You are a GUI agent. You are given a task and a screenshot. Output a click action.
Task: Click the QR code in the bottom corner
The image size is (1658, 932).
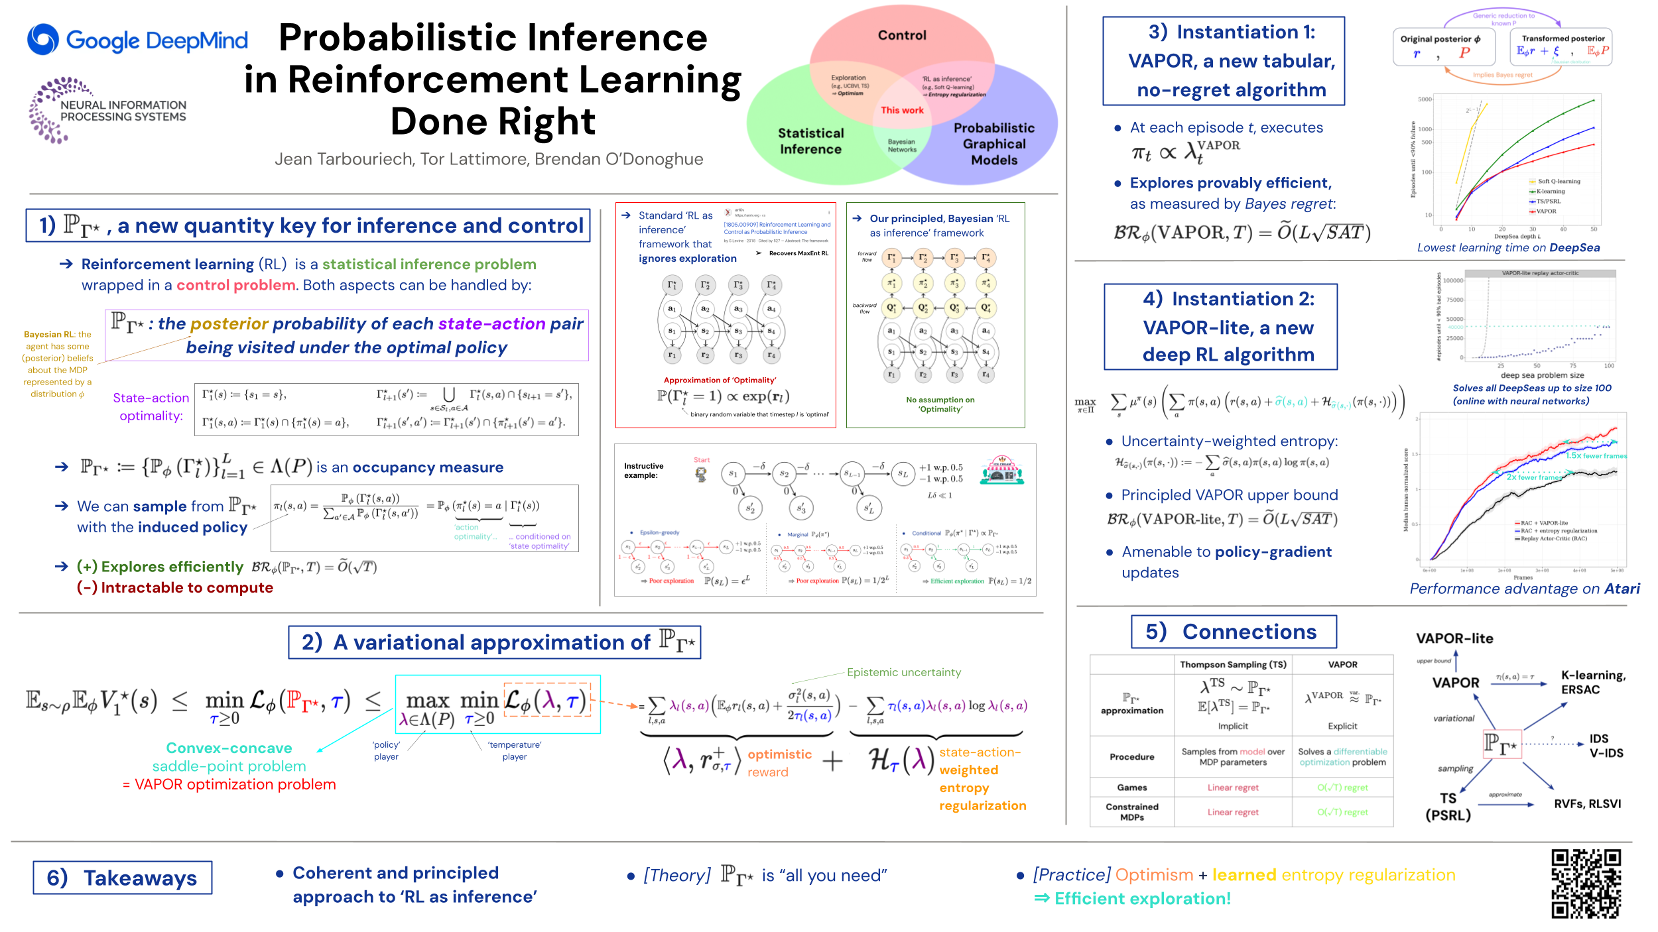tap(1585, 884)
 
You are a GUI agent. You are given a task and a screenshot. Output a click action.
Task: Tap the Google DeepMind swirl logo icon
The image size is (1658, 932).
tap(43, 40)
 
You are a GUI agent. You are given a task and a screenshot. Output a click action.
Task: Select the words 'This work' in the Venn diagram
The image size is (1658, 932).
tap(901, 110)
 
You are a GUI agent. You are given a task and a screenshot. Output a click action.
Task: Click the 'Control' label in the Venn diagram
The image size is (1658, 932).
tap(902, 35)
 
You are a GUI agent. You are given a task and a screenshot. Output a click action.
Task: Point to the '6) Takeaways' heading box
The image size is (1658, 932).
tap(123, 878)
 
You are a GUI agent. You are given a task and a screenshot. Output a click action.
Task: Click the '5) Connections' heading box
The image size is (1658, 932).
tap(1234, 632)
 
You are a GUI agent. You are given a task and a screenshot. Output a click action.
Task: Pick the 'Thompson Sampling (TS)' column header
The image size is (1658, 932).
tap(1233, 664)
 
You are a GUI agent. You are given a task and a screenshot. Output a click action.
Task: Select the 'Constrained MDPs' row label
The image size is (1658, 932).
tap(1131, 812)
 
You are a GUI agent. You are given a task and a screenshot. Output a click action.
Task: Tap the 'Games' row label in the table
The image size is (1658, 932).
tap(1131, 787)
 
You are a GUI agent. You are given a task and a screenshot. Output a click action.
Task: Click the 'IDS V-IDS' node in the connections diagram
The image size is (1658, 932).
tap(1605, 746)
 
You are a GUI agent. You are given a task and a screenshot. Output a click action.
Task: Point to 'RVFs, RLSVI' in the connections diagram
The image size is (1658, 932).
tap(1587, 804)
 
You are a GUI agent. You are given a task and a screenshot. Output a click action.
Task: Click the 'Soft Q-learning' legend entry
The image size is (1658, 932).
tap(1559, 181)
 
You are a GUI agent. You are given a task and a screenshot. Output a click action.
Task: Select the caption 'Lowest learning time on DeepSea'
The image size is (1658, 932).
tap(1508, 248)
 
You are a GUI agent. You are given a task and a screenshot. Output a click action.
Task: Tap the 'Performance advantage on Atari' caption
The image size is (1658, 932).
tap(1524, 589)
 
